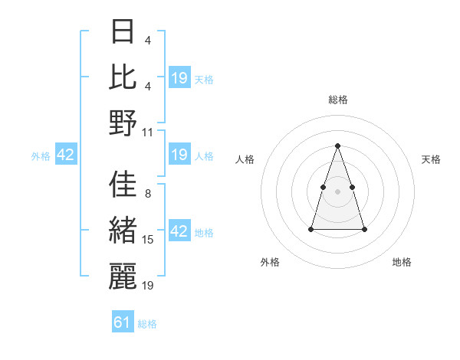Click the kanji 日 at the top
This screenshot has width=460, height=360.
pos(123,33)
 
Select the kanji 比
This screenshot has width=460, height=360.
pos(123,77)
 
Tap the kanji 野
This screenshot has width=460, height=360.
pos(123,123)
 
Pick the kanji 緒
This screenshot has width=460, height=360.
pos(123,231)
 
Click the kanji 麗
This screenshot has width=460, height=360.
pos(123,276)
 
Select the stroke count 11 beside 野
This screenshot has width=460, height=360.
pos(148,132)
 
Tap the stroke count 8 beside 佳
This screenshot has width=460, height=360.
pos(147,194)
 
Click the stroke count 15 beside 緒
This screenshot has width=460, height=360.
pos(148,240)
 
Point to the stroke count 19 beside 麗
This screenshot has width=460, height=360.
pos(148,285)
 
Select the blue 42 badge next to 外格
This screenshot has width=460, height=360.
pos(65,155)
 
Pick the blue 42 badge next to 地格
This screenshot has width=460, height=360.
pos(179,231)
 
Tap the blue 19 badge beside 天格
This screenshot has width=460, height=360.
pos(179,78)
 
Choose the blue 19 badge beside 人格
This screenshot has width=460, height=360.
pos(179,155)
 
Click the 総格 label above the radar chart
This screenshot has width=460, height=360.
pos(337,100)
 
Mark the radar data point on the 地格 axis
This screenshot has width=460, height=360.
pos(364,229)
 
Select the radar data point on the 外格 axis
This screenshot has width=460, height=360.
pos(311,229)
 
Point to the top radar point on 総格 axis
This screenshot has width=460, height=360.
pos(337,146)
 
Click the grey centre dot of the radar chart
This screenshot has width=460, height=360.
pos(337,191)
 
